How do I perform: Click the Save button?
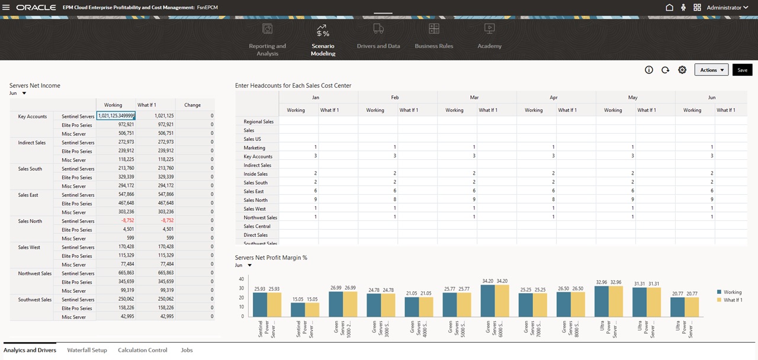coord(742,70)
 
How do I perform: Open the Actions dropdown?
coord(711,70)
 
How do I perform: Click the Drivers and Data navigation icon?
coord(378,29)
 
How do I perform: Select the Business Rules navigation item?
coord(433,46)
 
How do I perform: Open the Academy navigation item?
coord(489,46)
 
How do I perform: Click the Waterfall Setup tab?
coord(87,350)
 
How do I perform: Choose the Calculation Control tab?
coord(142,350)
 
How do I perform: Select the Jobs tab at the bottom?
coord(187,350)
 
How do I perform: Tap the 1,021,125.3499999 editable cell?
coord(117,116)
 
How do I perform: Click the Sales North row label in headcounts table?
coord(255,200)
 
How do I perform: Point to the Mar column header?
coord(474,97)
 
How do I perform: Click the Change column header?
coord(192,105)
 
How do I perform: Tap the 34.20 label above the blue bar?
coord(487,281)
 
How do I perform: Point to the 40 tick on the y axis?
coord(241,279)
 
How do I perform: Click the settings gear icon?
coord(682,70)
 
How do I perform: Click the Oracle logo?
coord(36,8)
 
